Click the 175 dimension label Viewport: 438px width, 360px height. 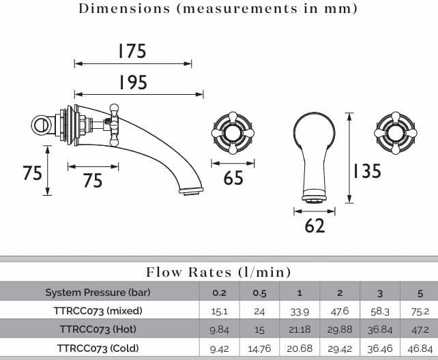tap(132, 50)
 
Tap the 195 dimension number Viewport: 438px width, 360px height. tap(132, 82)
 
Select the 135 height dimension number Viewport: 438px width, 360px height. tap(367, 170)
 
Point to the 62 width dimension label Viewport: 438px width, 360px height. tap(315, 226)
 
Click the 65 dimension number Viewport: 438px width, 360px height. tap(233, 178)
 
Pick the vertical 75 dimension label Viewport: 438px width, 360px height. tap(32, 172)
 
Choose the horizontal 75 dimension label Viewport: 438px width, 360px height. tap(93, 180)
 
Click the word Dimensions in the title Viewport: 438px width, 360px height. tap(124, 8)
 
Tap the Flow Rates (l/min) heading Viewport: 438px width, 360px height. tap(219, 272)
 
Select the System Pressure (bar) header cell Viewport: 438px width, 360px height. tap(98, 292)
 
